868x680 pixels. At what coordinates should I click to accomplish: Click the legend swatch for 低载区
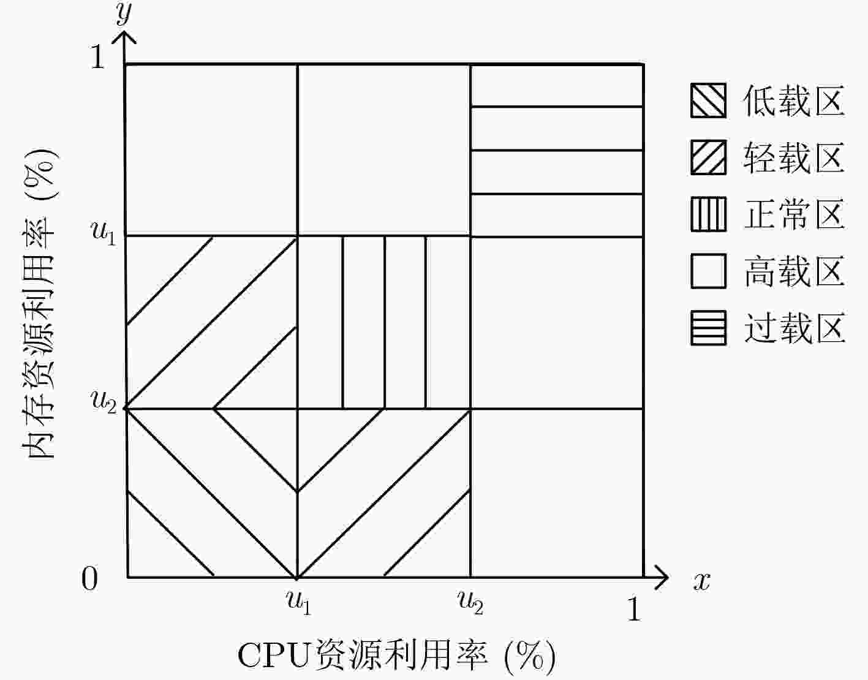[x=708, y=100]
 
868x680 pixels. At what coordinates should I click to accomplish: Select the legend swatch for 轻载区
[x=708, y=157]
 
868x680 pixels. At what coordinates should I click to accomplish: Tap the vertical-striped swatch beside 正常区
[x=708, y=214]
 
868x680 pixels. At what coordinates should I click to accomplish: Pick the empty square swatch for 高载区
[x=708, y=271]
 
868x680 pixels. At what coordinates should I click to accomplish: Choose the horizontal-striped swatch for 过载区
[x=708, y=328]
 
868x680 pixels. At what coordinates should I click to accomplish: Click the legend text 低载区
[x=794, y=100]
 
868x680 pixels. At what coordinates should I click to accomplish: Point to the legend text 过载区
[x=794, y=328]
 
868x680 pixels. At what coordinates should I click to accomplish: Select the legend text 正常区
[x=794, y=214]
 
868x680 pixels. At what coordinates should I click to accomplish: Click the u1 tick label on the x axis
[x=298, y=602]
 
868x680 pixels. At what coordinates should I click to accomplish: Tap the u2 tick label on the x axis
[x=470, y=602]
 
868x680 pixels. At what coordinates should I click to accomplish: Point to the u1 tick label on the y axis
[x=103, y=232]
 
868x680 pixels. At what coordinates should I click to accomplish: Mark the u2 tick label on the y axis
[x=103, y=401]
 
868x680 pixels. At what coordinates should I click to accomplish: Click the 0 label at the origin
[x=89, y=578]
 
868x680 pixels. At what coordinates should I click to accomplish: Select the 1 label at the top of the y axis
[x=98, y=56]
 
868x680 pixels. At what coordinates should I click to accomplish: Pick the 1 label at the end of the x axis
[x=634, y=608]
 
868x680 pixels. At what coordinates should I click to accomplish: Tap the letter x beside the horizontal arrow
[x=702, y=581]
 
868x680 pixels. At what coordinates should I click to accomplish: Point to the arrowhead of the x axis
[x=668, y=577]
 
